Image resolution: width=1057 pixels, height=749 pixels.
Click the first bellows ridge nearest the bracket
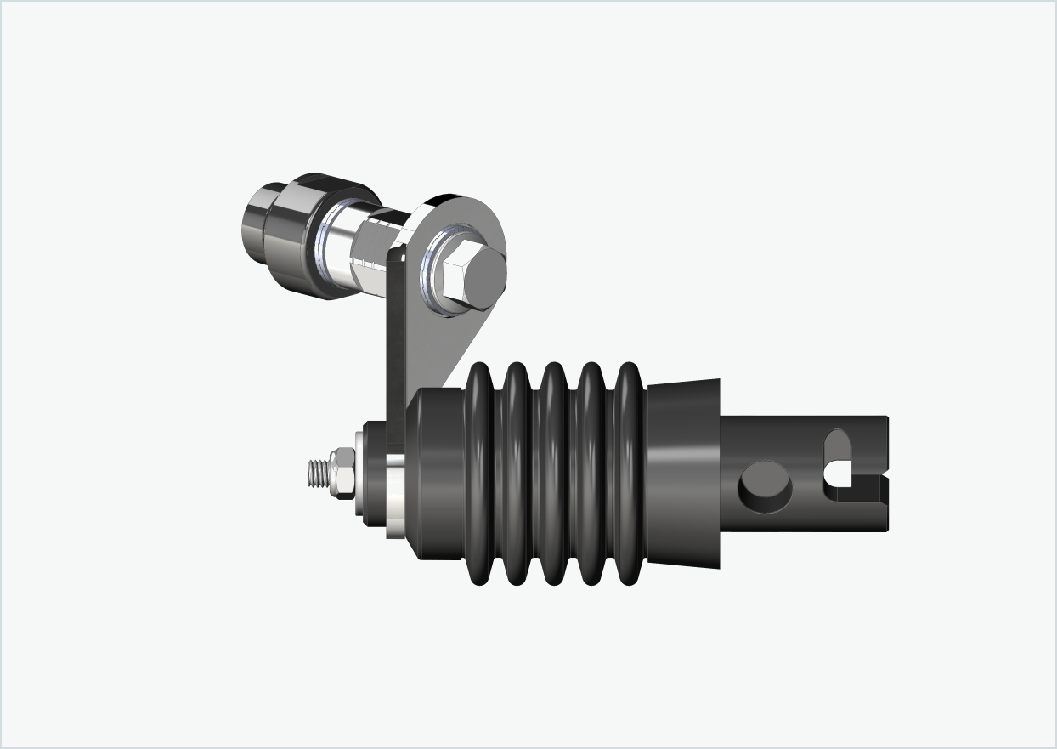coord(481,474)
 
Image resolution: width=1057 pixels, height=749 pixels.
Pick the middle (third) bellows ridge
coord(554,474)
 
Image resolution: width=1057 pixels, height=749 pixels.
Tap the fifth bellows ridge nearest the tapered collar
coord(627,474)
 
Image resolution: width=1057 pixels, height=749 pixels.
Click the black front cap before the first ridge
coord(438,473)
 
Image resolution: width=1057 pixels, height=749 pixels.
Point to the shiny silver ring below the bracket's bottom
coord(395,497)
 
